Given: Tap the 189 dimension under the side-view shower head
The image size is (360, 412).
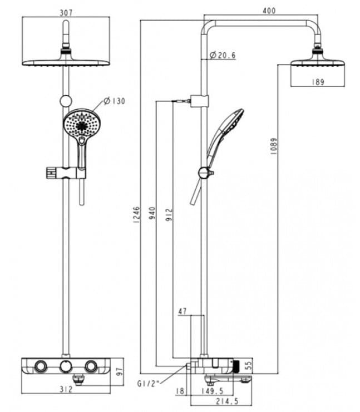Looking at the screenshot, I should pos(318,82).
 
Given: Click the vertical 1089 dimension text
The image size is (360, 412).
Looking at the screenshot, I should pos(273,146).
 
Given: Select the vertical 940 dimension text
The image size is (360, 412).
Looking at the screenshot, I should pos(152,213).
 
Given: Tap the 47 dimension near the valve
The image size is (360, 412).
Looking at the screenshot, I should pos(183,311).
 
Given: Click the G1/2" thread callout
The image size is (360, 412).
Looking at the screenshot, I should pos(148,383).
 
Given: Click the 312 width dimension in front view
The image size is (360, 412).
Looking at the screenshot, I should pos(66,389).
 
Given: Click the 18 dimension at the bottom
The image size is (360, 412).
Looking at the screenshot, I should pos(180,391).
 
